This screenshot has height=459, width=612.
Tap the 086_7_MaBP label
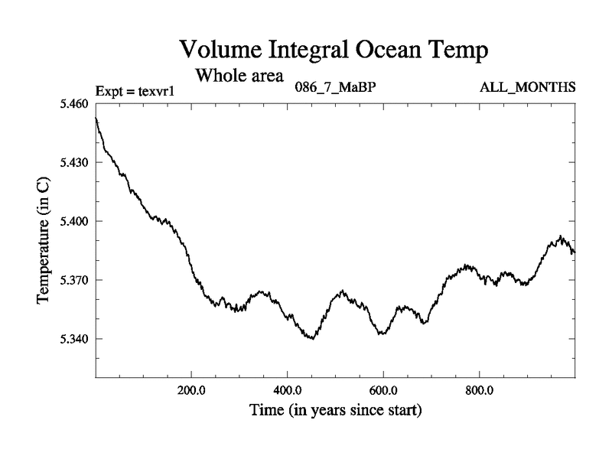pyautogui.click(x=335, y=87)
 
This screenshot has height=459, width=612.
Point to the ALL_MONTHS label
pyautogui.click(x=527, y=87)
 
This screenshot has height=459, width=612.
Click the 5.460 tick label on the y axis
pyautogui.click(x=73, y=104)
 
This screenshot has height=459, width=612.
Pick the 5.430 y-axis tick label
pyautogui.click(x=73, y=163)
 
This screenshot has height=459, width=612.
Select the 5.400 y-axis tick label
pyautogui.click(x=73, y=221)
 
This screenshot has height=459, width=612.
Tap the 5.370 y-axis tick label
pyautogui.click(x=73, y=280)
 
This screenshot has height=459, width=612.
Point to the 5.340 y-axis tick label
pyautogui.click(x=73, y=339)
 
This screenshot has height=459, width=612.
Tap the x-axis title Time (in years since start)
pyautogui.click(x=335, y=410)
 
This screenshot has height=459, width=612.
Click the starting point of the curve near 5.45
pyautogui.click(x=96, y=119)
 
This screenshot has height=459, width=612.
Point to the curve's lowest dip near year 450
pyautogui.click(x=311, y=338)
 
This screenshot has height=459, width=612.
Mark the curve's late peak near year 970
pyautogui.click(x=560, y=236)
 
